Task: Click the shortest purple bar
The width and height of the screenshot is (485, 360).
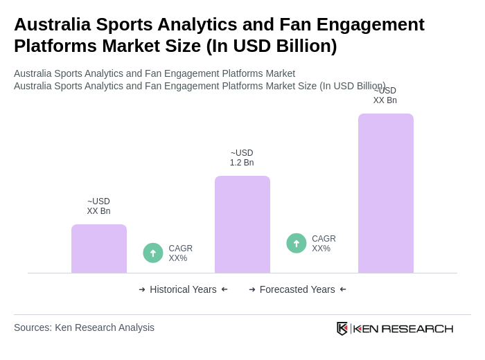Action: click(99, 249)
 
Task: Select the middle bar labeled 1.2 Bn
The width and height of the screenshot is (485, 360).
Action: click(242, 224)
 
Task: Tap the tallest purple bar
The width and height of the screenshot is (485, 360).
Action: click(385, 193)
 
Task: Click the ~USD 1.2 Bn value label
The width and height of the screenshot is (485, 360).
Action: click(242, 158)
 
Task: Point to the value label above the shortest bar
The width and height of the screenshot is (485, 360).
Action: click(98, 206)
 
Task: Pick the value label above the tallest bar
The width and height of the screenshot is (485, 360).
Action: click(385, 96)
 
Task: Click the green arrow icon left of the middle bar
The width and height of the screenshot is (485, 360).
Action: click(153, 253)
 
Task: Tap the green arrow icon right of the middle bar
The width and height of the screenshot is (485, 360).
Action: click(297, 243)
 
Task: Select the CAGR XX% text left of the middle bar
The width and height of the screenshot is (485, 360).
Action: click(180, 253)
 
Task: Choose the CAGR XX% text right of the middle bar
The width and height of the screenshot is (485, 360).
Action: click(324, 244)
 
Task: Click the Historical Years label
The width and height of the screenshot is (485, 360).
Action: click(183, 289)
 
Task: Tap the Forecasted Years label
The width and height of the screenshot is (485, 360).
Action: click(297, 289)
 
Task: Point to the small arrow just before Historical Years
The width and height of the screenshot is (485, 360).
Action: click(142, 289)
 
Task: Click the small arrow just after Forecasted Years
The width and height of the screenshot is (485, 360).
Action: click(343, 289)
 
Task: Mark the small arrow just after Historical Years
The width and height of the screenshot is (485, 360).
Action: click(224, 289)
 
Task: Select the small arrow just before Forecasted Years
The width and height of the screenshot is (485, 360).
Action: click(252, 289)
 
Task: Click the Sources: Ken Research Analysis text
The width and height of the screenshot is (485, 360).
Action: click(84, 327)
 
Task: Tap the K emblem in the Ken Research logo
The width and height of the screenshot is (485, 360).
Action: click(342, 328)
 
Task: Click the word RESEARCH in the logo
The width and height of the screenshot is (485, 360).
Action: click(417, 328)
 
